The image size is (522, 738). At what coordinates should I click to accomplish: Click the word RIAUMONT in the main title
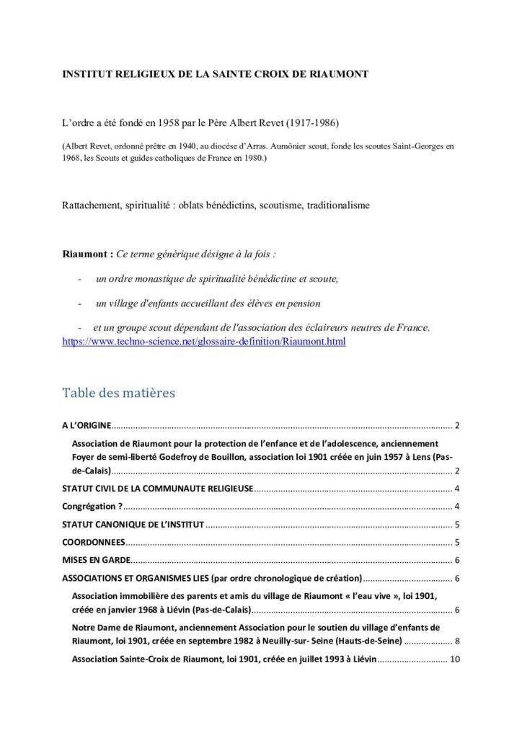pos(342,74)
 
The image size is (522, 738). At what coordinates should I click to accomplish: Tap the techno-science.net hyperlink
pos(204,341)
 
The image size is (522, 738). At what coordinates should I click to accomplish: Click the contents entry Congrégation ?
pos(92,507)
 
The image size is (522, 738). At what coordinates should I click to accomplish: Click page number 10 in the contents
pos(454,659)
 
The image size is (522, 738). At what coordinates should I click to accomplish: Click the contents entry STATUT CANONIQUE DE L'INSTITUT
pos(133,525)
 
